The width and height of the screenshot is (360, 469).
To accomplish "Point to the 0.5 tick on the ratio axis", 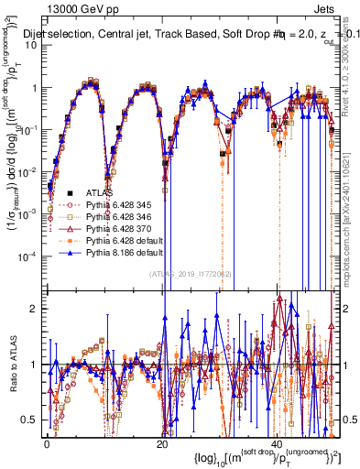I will pyautogui.click(x=32, y=420).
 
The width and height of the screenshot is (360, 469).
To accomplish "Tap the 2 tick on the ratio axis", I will pyautogui.click(x=36, y=309).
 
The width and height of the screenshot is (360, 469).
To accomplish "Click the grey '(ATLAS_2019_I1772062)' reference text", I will pyautogui.click(x=190, y=273).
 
